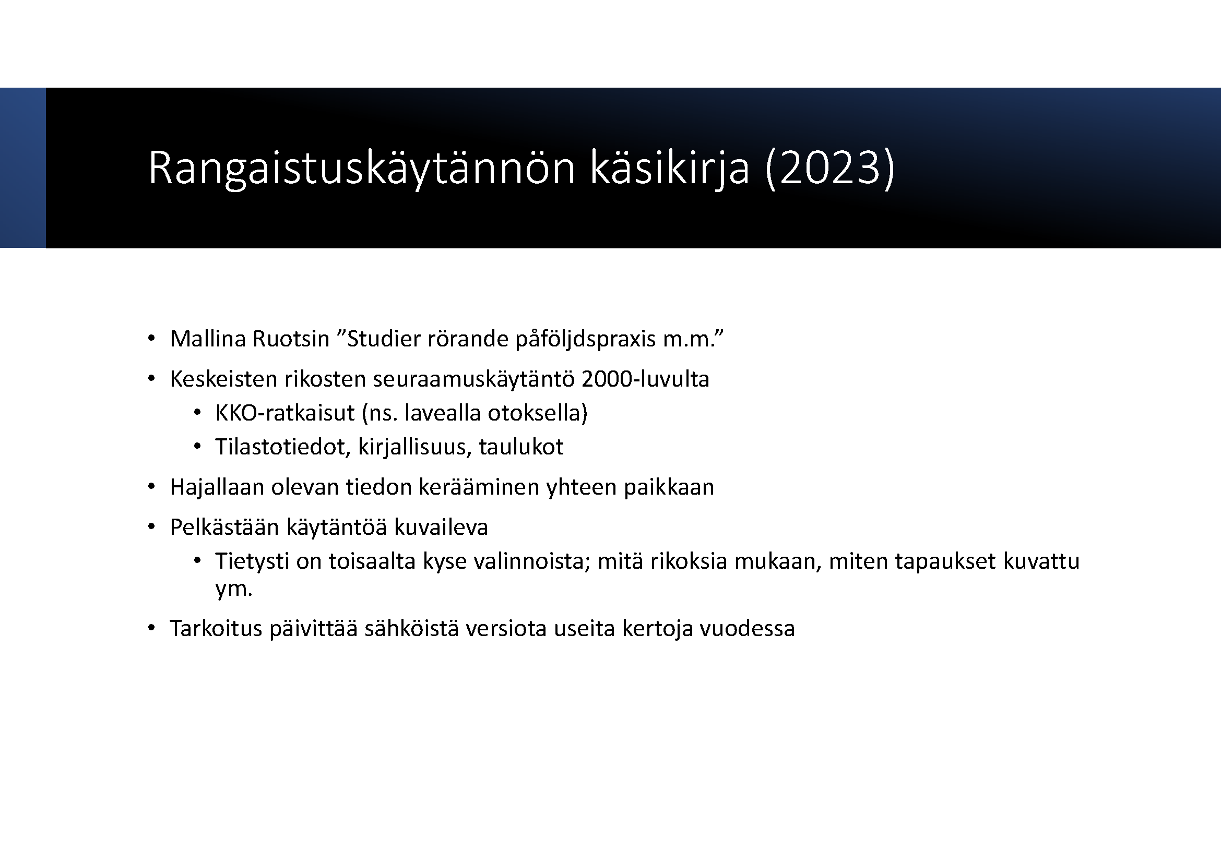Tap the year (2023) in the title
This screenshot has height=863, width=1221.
tap(829, 169)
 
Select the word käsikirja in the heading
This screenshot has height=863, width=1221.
tap(670, 169)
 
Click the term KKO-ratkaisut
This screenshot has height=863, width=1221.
tap(285, 413)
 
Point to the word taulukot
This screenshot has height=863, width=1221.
tap(520, 447)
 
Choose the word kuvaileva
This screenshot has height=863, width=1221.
tap(441, 527)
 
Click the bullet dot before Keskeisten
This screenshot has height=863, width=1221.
tap(151, 379)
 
